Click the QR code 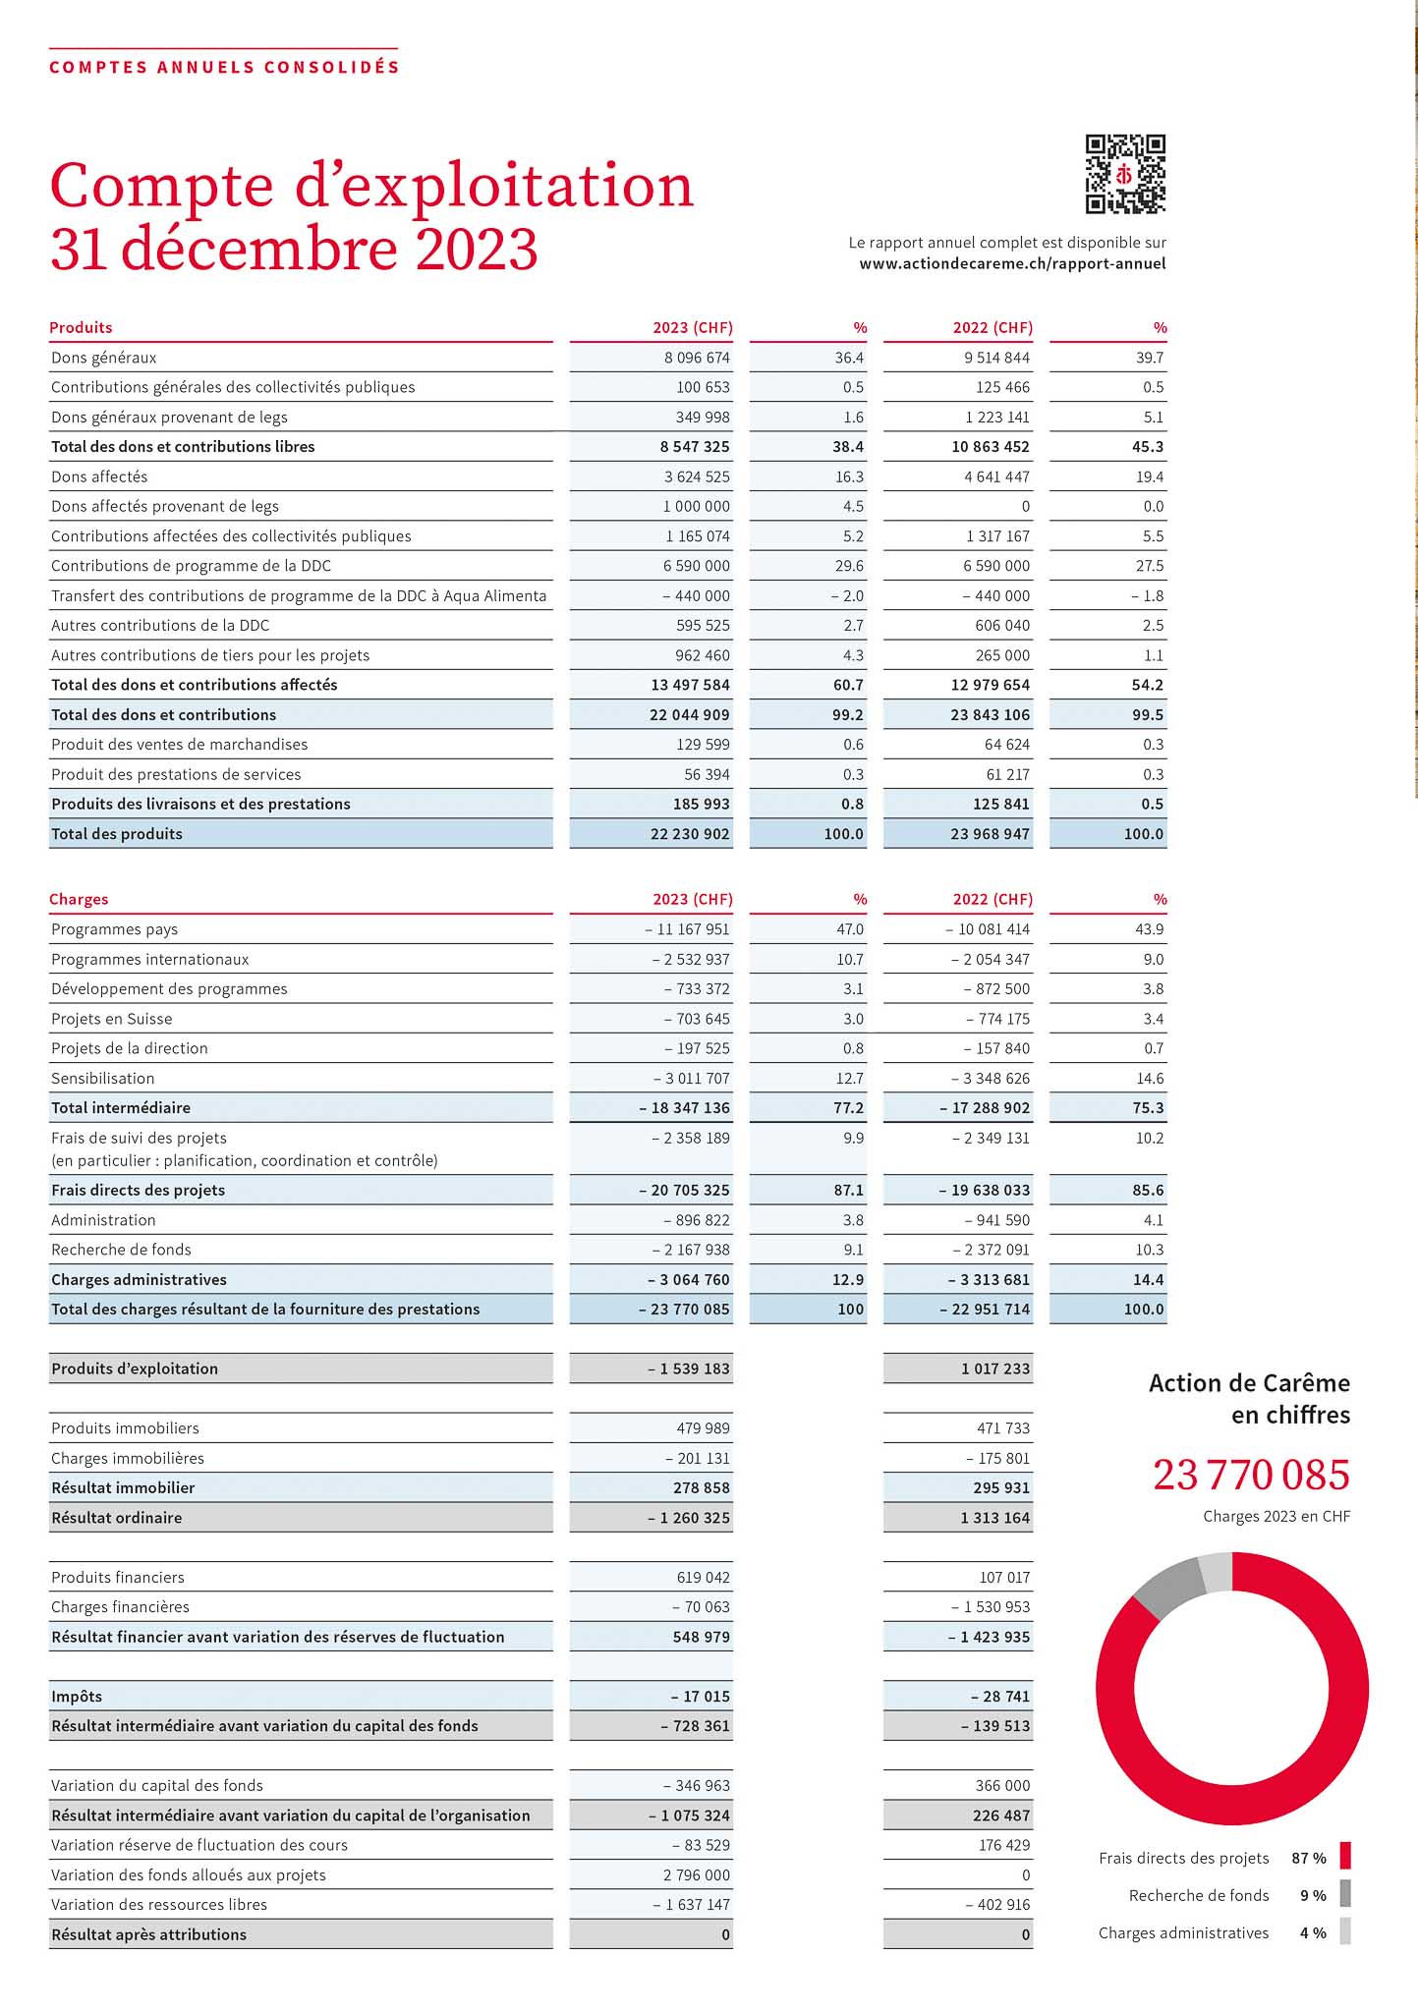[x=1125, y=174]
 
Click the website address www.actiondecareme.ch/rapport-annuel [x=1012, y=263]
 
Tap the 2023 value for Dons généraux [x=697, y=358]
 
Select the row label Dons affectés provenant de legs [x=165, y=506]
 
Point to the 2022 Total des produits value [x=990, y=834]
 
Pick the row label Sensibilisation [x=103, y=1078]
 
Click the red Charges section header [x=79, y=899]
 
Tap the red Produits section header [x=81, y=327]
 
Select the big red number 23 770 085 [x=1251, y=1475]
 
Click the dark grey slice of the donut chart [x=1168, y=1587]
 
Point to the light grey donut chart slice [x=1217, y=1571]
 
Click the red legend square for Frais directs [x=1345, y=1856]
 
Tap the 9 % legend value [x=1313, y=1895]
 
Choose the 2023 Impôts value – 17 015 [x=701, y=1696]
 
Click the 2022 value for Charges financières [x=991, y=1606]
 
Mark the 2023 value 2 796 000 [x=697, y=1874]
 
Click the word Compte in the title [x=161, y=187]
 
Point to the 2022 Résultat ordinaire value [x=995, y=1518]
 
